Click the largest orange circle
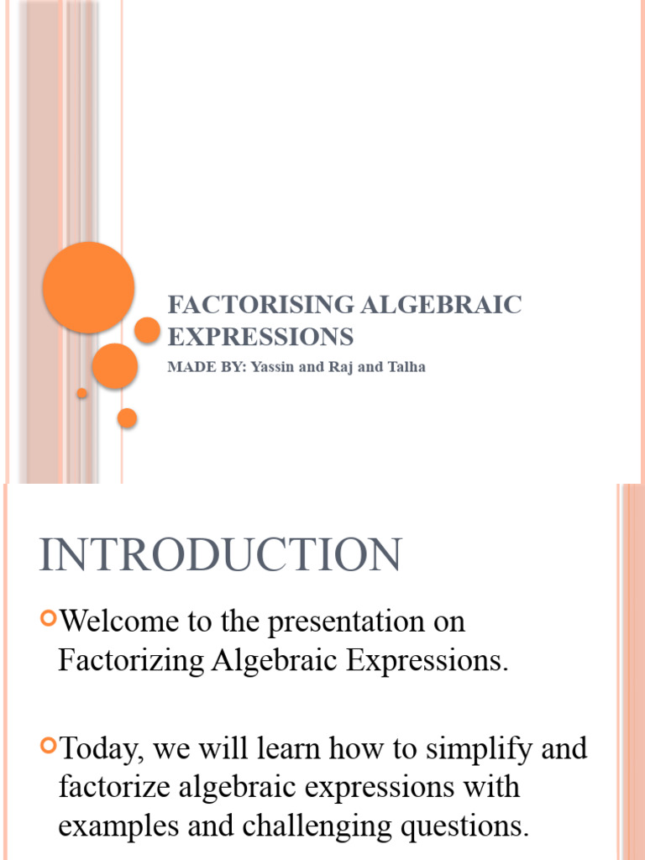click(x=88, y=287)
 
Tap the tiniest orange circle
click(x=81, y=393)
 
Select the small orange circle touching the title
click(x=147, y=330)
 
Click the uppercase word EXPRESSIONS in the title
click(x=260, y=337)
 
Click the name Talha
click(x=405, y=367)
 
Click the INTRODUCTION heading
click(x=220, y=556)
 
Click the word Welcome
click(x=120, y=622)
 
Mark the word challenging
click(x=319, y=826)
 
